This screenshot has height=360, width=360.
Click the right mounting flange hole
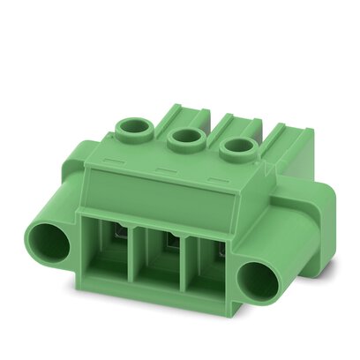[x=260, y=281]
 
